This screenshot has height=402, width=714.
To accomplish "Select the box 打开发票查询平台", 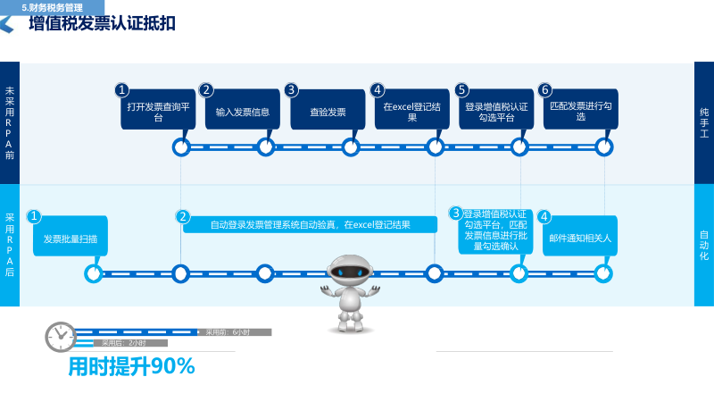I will (158, 111).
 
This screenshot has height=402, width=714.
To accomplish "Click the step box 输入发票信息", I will (243, 112).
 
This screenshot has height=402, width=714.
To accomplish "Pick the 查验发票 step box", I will (328, 112).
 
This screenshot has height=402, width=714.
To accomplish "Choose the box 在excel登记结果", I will (412, 111).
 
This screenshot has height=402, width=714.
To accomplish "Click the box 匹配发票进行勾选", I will (581, 111).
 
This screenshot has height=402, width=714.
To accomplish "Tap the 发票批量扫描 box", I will (71, 239).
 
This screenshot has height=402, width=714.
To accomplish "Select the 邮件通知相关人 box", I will (580, 239).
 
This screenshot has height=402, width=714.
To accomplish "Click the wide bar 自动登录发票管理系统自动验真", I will (310, 224).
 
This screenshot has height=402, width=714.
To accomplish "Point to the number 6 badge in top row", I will (545, 89).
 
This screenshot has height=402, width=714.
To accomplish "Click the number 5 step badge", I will (461, 89).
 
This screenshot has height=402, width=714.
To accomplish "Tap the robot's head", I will (350, 272).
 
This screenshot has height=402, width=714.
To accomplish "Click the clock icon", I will (61, 337).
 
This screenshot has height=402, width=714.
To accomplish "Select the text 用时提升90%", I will (131, 366).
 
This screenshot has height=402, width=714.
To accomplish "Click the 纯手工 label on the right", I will (704, 123).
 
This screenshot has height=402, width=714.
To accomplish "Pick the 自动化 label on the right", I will (704, 245).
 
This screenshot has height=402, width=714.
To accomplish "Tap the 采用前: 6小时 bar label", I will (228, 332).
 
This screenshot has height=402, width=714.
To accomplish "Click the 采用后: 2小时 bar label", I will (123, 343).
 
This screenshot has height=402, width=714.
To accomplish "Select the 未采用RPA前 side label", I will (10, 122).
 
